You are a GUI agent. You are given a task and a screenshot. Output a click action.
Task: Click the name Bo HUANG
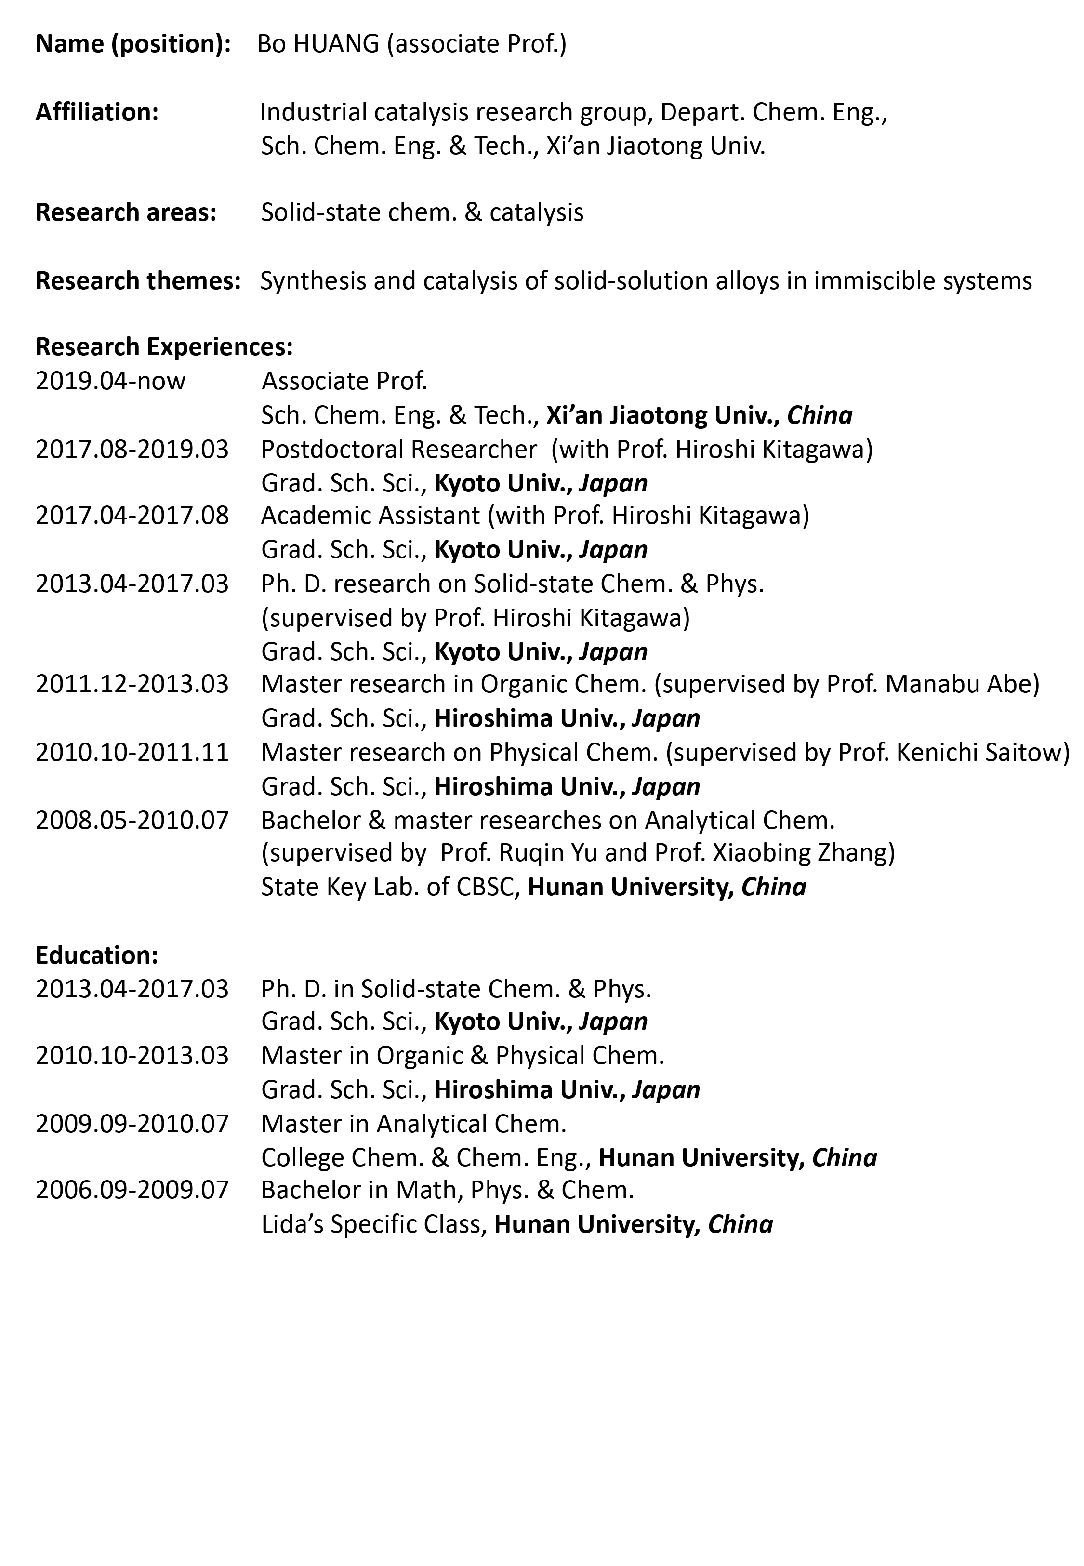pyautogui.click(x=318, y=44)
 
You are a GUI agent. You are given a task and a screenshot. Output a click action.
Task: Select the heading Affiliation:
pyautogui.click(x=97, y=112)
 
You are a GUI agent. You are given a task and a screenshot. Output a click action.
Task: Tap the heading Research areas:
pyautogui.click(x=126, y=212)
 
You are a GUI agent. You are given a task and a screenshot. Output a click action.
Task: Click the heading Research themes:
pyautogui.click(x=139, y=280)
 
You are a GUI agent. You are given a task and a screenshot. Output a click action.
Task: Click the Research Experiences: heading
pyautogui.click(x=164, y=347)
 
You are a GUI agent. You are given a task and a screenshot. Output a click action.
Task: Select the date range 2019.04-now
pyautogui.click(x=110, y=381)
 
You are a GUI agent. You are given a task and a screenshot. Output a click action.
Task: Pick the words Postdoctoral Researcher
pyautogui.click(x=399, y=449)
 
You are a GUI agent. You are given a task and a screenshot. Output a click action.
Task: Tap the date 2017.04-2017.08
pyautogui.click(x=132, y=516)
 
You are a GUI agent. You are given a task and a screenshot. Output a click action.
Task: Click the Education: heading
pyautogui.click(x=96, y=956)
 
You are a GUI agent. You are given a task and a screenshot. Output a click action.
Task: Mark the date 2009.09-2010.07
pyautogui.click(x=132, y=1124)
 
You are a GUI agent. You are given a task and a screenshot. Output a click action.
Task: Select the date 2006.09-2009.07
pyautogui.click(x=132, y=1190)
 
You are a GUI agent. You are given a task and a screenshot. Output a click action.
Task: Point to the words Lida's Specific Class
pyautogui.click(x=373, y=1224)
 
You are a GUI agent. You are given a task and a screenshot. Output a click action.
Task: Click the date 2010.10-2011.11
pyautogui.click(x=132, y=753)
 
